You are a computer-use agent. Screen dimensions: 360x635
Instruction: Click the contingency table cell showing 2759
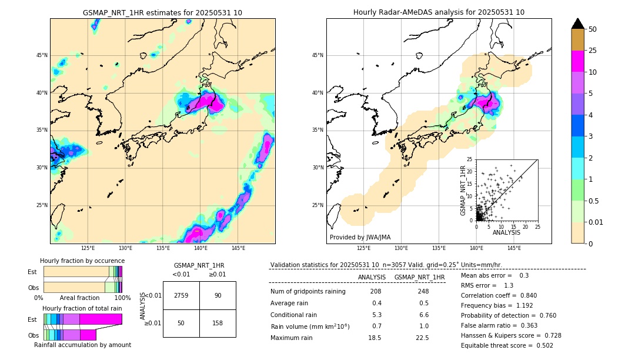coord(181,295)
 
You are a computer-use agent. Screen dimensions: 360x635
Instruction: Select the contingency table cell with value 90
coord(218,295)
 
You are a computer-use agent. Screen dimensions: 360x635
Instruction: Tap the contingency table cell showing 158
coord(218,323)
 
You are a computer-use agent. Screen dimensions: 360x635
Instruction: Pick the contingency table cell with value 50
coord(181,323)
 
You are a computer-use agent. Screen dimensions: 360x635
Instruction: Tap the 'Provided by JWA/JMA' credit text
coord(360,238)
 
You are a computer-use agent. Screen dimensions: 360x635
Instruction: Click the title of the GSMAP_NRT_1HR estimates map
coord(162,13)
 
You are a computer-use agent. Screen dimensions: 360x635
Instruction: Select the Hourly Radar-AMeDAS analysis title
coord(439,12)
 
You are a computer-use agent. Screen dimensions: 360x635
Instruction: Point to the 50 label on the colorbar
coord(593,29)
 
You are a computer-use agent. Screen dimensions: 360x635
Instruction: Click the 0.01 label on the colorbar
coord(595,222)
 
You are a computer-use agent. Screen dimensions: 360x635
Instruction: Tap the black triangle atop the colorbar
coord(578,24)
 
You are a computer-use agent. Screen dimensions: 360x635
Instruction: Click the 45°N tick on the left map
coord(42,55)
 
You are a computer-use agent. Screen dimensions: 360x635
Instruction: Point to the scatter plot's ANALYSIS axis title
coord(506,233)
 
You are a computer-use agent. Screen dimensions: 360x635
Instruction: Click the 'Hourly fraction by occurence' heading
coord(82,261)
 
